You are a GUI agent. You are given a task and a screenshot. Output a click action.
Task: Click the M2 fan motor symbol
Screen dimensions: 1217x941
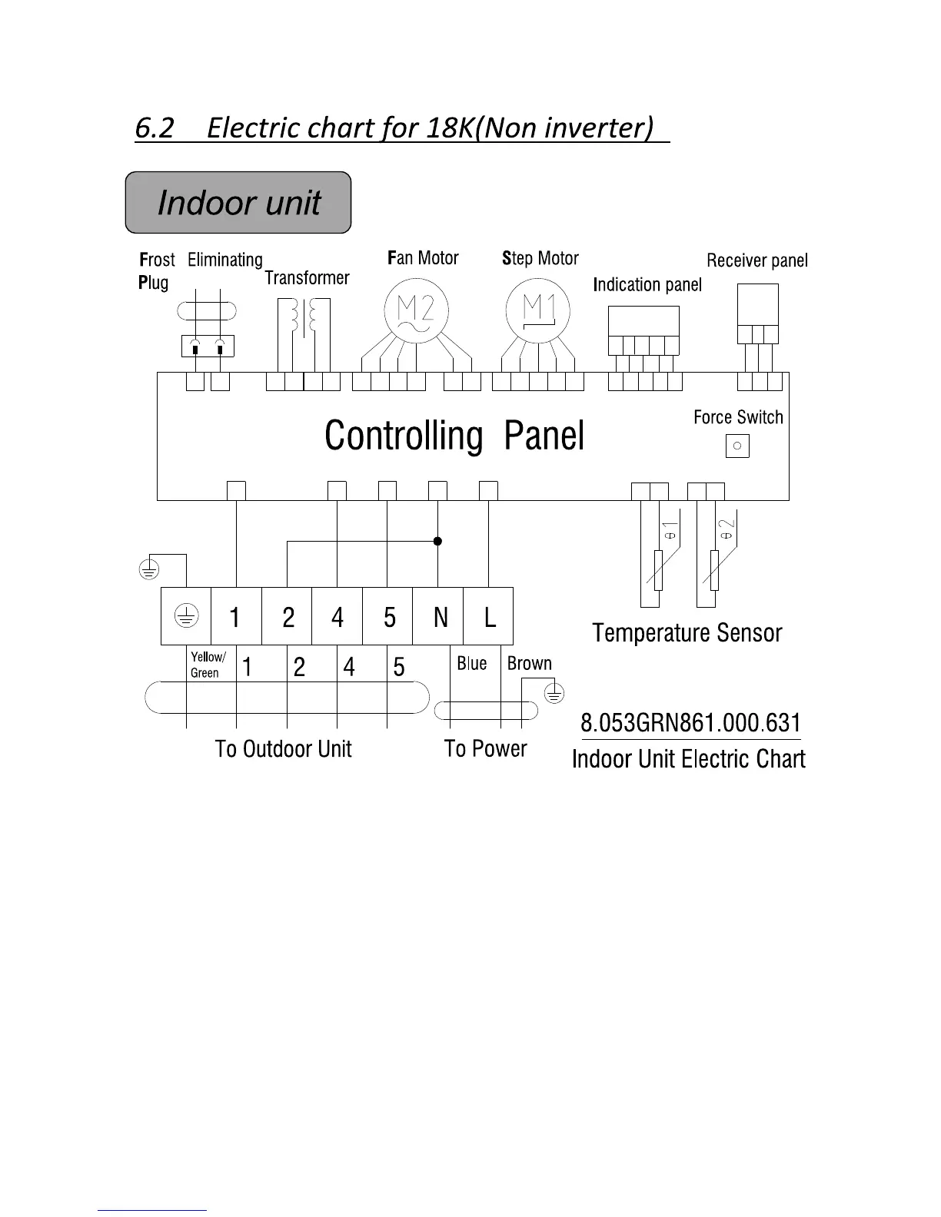pos(415,310)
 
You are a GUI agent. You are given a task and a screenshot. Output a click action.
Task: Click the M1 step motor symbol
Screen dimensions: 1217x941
pos(538,310)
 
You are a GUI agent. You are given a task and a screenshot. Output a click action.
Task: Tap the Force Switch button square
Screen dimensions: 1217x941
pos(737,446)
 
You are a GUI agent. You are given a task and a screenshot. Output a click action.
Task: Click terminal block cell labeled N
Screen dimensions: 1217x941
pos(439,616)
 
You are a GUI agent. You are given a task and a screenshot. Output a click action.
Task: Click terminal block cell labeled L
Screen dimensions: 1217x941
pos(489,616)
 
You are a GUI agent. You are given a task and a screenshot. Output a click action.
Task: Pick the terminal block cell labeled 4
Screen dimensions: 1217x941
pos(337,616)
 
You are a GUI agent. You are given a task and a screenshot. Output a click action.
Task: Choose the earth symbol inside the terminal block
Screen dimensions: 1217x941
pos(186,615)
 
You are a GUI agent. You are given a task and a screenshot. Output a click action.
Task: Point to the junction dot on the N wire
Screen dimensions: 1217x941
pos(437,541)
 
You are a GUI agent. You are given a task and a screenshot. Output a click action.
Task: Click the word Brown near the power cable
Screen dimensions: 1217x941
pos(529,663)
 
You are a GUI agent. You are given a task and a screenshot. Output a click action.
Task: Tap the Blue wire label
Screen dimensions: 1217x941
pos(471,663)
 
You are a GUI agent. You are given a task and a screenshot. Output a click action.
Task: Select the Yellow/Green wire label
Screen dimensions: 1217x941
pos(208,665)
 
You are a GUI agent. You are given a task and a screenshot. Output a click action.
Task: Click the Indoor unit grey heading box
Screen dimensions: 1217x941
pos(238,203)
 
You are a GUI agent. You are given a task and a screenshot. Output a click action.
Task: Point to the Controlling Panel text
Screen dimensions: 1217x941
pos(454,436)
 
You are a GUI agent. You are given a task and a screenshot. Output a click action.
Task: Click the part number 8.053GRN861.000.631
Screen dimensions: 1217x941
pos(690,723)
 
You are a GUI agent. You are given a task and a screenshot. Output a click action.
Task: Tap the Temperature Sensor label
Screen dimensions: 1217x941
pos(687,633)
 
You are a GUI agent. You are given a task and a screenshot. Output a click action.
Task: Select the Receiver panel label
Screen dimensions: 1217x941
pos(757,260)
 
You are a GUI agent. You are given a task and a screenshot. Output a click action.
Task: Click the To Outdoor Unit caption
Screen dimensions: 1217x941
pos(283,749)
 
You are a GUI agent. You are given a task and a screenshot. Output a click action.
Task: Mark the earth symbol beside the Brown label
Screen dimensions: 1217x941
pos(554,695)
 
